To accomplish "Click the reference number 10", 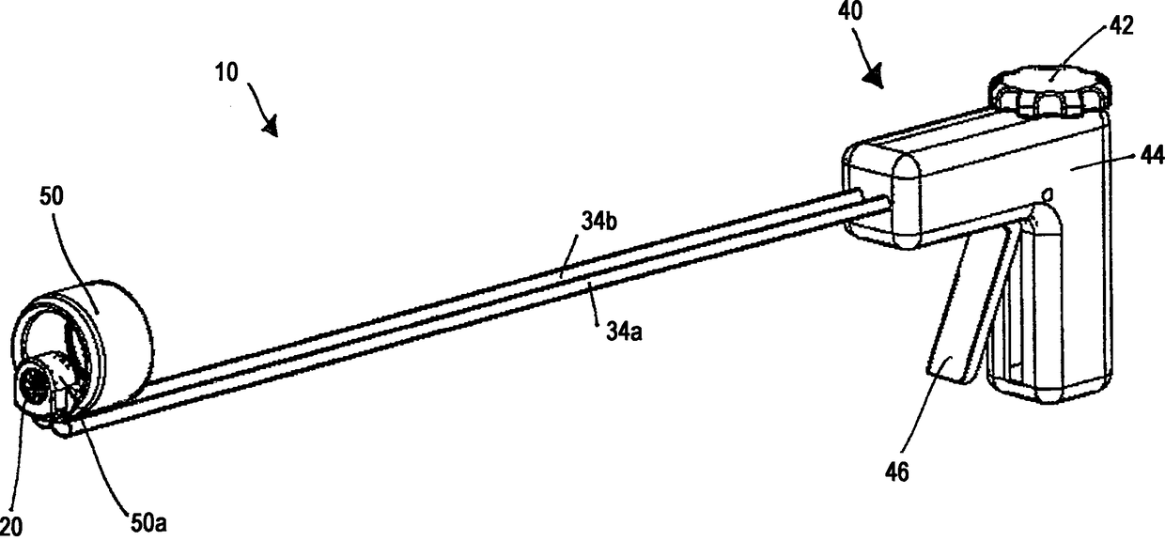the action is pyautogui.click(x=226, y=72).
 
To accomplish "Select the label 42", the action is pyautogui.click(x=1121, y=25).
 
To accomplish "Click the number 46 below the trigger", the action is pyautogui.click(x=897, y=472).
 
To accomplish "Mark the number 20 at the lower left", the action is pyautogui.click(x=9, y=527).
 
